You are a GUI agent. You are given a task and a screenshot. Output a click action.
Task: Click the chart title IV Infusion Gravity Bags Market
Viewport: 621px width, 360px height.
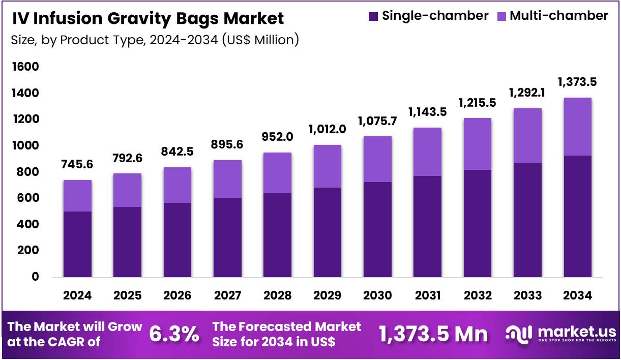[147, 19]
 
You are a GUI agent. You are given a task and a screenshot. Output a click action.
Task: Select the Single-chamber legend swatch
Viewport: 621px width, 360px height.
[374, 16]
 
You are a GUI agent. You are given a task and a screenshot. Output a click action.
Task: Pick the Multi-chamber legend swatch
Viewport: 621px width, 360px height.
[501, 16]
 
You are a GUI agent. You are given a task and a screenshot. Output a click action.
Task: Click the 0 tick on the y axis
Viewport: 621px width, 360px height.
[36, 277]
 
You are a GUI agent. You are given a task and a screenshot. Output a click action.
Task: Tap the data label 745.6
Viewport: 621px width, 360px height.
[77, 165]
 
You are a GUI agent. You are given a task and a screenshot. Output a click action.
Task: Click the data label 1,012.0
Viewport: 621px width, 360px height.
[327, 129]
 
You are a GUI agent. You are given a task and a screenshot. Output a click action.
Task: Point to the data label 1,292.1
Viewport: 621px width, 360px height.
[527, 93]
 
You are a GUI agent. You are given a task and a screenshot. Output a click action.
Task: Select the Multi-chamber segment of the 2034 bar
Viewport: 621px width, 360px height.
[577, 127]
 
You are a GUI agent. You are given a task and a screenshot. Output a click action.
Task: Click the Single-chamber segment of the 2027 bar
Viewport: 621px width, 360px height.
[227, 237]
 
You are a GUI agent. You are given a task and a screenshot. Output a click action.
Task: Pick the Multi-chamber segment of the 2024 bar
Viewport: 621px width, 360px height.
[77, 196]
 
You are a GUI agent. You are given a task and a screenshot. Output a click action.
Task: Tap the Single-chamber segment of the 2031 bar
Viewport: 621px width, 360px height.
[427, 227]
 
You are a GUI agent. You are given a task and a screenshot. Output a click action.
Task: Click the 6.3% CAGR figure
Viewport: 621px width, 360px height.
[174, 335]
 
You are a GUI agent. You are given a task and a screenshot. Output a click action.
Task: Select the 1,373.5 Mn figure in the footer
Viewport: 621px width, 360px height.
[433, 334]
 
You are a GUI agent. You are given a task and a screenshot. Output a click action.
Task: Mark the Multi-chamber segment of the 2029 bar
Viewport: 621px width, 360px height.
[327, 166]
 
